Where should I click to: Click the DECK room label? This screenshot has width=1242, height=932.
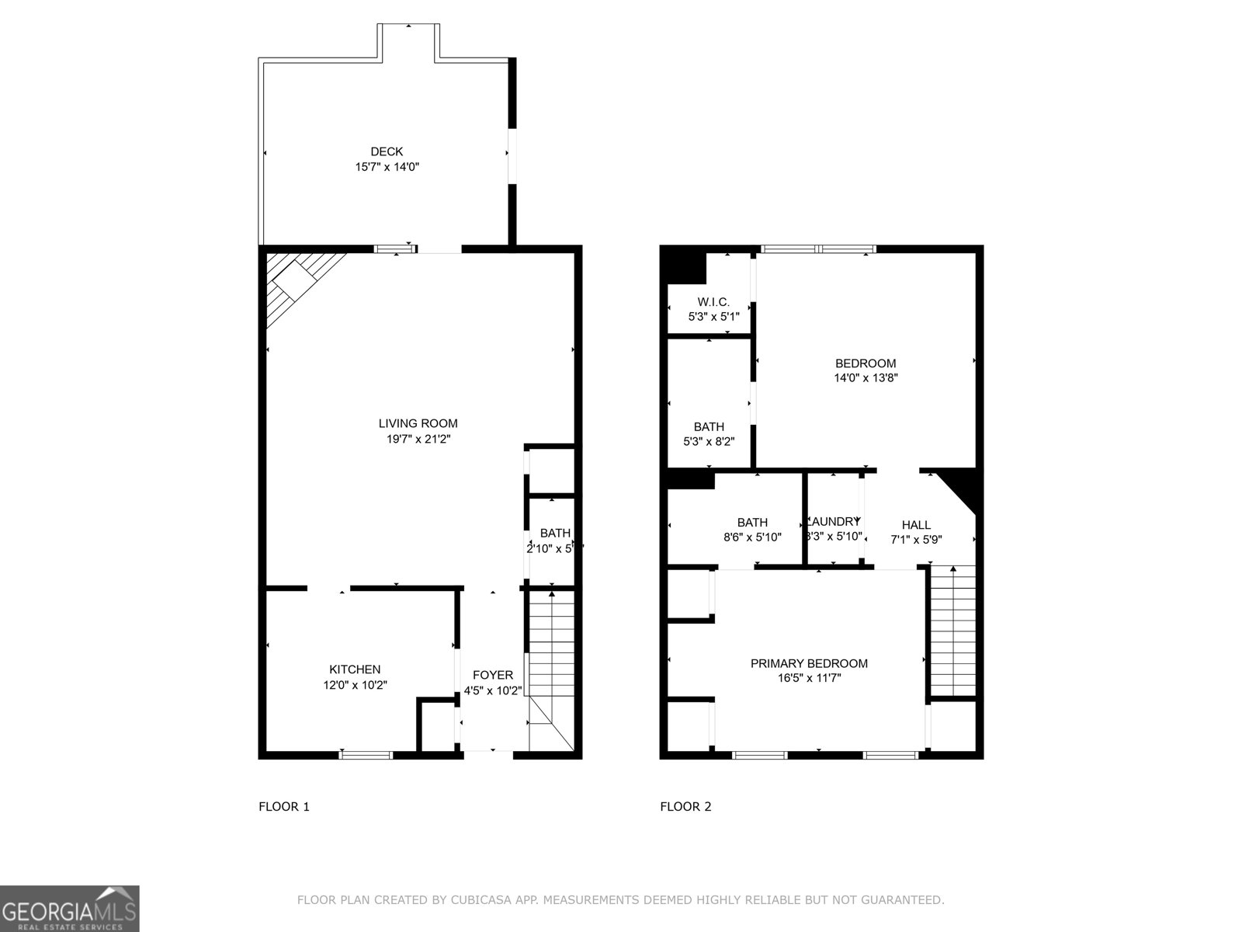pos(387,151)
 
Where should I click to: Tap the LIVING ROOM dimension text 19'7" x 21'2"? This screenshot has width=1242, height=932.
pos(418,439)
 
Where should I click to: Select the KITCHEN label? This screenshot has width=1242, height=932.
pos(355,669)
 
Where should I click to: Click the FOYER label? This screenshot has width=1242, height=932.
pos(492,675)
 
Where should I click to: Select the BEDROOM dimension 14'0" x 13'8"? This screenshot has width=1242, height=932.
pos(866,378)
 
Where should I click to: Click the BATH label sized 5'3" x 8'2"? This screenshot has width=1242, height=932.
pos(709,426)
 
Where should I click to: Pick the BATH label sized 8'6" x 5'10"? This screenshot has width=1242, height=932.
pos(752,523)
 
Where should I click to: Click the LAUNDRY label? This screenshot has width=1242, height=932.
pos(834,522)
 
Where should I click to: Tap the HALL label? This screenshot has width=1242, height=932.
pos(916,525)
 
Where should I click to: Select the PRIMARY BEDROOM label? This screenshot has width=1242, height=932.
pos(809,663)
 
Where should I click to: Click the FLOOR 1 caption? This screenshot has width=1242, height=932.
pos(284,806)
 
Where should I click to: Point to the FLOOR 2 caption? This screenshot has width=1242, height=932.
pos(685,806)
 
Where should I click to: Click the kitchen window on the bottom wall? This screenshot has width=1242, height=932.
pos(366,754)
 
